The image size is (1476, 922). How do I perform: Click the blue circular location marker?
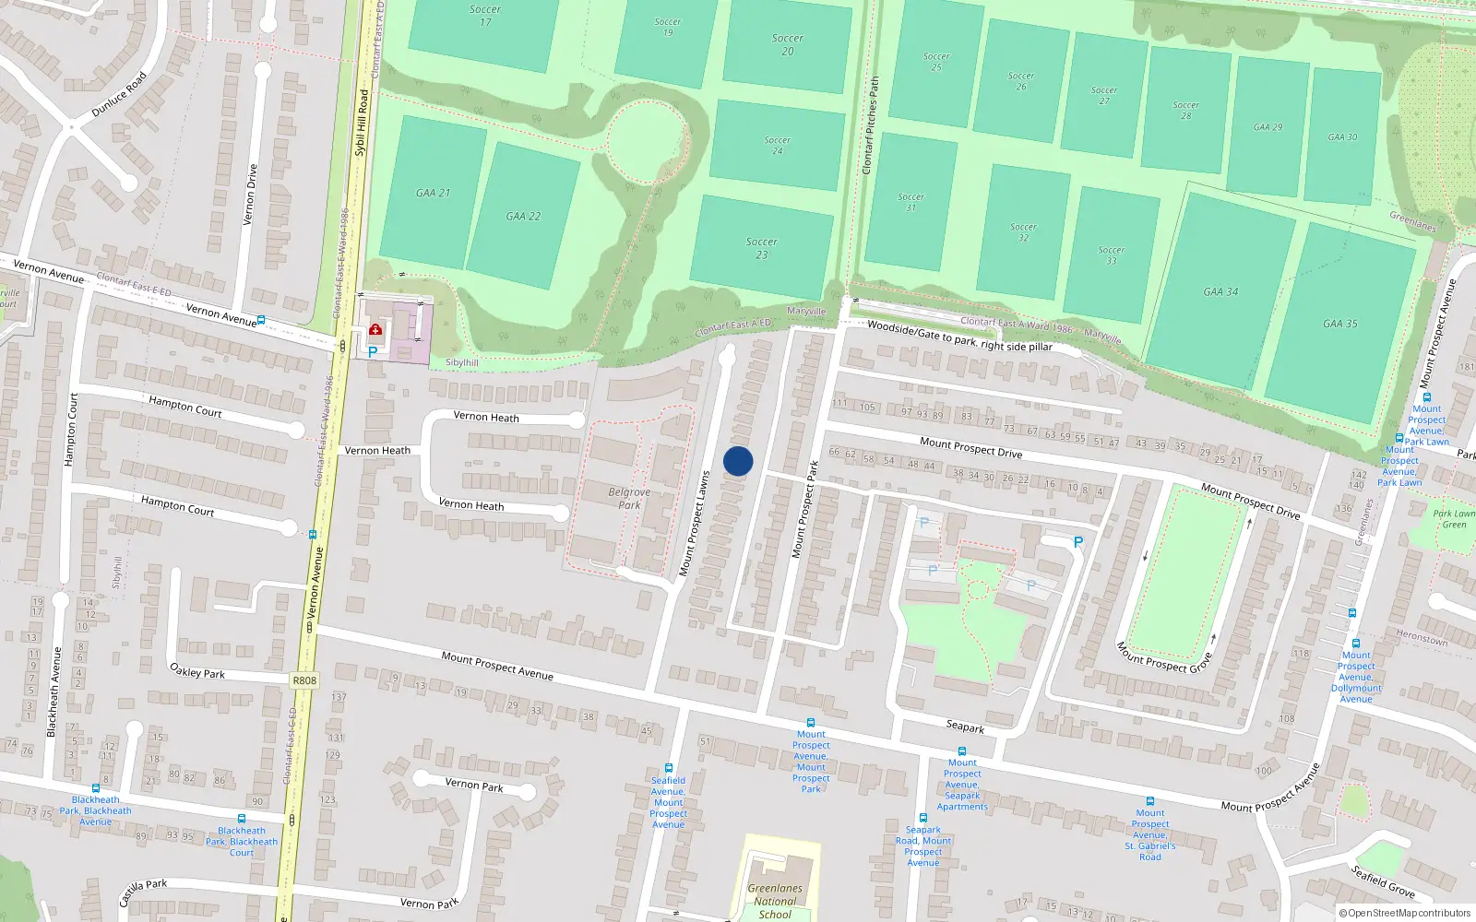[x=738, y=461]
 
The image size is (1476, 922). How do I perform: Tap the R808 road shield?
[x=304, y=680]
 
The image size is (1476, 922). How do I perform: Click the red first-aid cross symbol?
[x=375, y=329]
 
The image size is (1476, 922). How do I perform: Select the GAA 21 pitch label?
[x=433, y=193]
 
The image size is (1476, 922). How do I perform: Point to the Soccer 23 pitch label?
[x=762, y=248]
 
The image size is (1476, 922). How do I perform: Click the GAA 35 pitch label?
[x=1339, y=324]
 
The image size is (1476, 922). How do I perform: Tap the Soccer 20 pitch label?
[x=787, y=44]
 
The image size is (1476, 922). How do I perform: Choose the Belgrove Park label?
[x=629, y=498]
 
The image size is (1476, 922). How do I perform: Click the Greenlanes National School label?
[x=775, y=901]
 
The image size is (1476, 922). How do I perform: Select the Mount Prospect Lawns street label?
[x=694, y=525]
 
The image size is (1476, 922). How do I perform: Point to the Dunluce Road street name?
[x=119, y=95]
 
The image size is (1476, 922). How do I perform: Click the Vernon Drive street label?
[x=250, y=195]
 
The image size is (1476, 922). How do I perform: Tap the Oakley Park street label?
[x=197, y=671]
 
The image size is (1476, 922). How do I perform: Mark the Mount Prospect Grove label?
[x=1164, y=657]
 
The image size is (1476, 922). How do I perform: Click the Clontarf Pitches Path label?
[x=870, y=125]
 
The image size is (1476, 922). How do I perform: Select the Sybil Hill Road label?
[x=362, y=123]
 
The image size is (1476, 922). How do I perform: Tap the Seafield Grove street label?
[x=1383, y=881]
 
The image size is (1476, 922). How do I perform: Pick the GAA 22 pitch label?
[x=523, y=216]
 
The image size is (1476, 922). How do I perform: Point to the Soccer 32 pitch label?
[x=1023, y=231]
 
